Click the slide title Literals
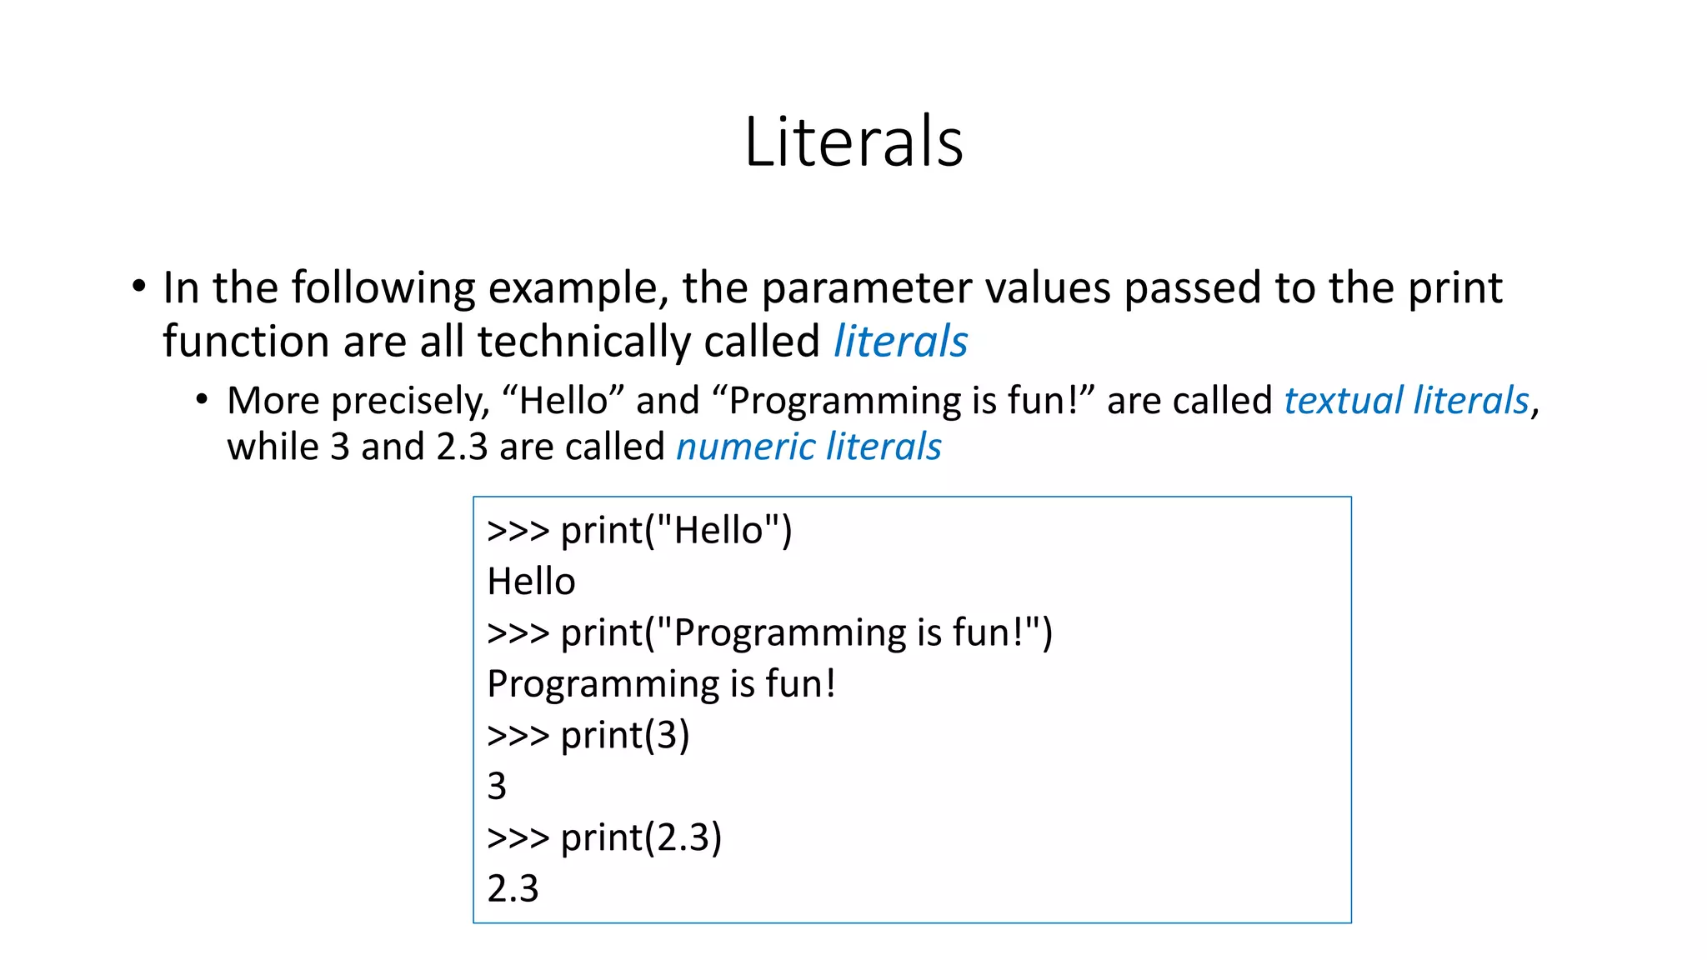click(853, 142)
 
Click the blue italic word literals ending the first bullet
click(900, 342)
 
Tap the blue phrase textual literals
click(1406, 401)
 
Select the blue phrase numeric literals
click(808, 447)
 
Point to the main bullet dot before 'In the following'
click(138, 287)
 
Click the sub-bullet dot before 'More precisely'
click(202, 400)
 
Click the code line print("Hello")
click(639, 531)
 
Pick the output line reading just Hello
click(531, 582)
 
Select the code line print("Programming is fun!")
click(769, 633)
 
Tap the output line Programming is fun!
click(661, 684)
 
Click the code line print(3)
click(588, 736)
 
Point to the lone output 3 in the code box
click(497, 787)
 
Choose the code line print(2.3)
click(604, 837)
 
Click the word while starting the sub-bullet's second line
click(273, 447)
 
